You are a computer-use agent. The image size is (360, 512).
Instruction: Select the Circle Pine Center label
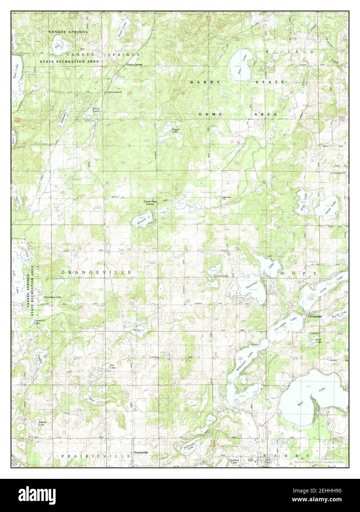pyautogui.click(x=151, y=202)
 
